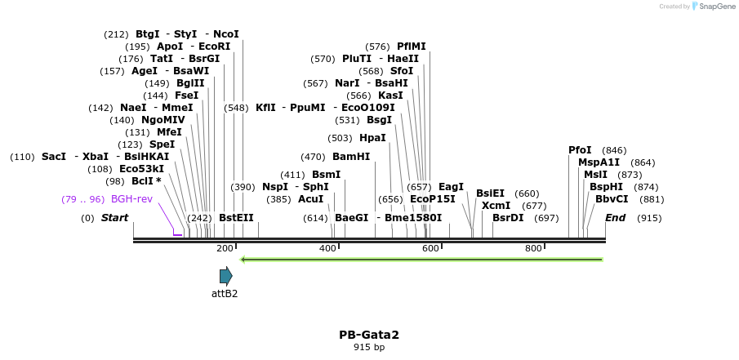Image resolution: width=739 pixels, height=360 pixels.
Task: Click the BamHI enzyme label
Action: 351,157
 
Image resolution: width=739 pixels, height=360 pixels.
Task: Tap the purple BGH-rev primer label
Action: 131,199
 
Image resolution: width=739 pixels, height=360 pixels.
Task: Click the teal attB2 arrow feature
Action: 225,276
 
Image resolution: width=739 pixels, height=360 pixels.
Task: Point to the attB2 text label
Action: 225,294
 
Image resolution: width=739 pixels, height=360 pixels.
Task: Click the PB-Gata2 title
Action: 369,335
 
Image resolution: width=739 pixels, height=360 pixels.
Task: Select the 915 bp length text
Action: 369,347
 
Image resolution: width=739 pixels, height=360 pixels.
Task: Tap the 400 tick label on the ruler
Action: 327,248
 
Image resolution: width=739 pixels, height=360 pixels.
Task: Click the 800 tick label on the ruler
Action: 533,248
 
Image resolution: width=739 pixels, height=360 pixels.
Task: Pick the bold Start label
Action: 114,218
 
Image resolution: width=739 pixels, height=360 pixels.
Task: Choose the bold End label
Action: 615,218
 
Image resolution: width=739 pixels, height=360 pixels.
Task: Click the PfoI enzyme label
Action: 580,150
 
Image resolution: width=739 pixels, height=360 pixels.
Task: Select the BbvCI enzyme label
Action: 612,199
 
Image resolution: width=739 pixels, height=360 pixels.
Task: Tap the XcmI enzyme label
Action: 496,206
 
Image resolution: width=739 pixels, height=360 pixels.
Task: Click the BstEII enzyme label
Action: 236,218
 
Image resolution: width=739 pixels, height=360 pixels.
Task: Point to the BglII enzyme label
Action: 190,83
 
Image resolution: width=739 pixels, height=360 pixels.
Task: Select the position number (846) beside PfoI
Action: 614,150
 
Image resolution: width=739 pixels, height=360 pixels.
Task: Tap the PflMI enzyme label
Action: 412,47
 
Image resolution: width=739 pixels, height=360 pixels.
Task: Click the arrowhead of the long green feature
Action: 243,260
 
